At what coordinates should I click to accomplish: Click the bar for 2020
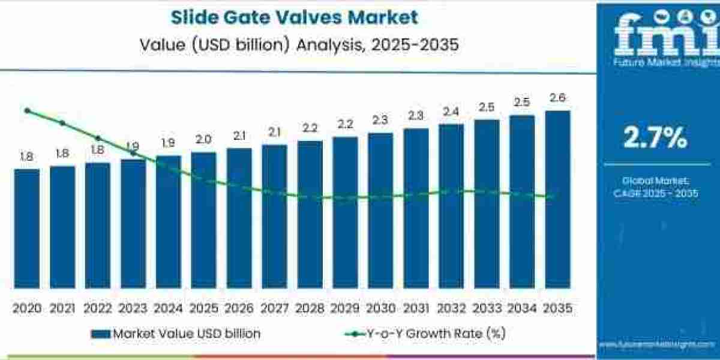[26, 228]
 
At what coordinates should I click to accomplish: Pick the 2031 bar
[416, 208]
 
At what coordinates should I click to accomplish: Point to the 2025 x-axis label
[203, 308]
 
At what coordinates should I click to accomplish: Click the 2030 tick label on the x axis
[380, 308]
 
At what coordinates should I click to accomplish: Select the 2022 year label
[97, 308]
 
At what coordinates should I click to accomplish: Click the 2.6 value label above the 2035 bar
[557, 98]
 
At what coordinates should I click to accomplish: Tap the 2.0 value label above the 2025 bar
[203, 140]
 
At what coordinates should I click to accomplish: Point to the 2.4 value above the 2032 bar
[451, 112]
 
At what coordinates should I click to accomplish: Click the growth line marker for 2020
[27, 110]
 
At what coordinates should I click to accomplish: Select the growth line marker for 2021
[62, 123]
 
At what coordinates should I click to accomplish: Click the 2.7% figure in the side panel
[655, 139]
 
